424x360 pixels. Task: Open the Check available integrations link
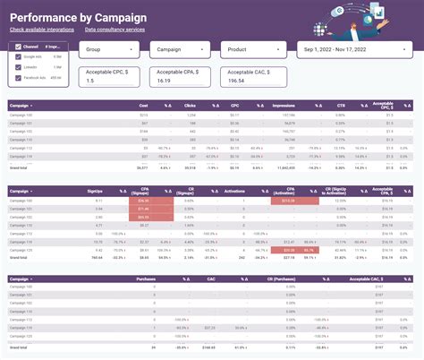click(x=42, y=30)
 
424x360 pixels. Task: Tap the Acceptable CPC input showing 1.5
click(x=108, y=76)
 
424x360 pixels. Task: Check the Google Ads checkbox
click(x=19, y=56)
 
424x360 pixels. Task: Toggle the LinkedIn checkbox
click(x=19, y=67)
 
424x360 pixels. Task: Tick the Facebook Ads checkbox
click(x=19, y=78)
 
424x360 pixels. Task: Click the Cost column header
click(x=142, y=105)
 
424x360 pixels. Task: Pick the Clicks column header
click(x=191, y=105)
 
